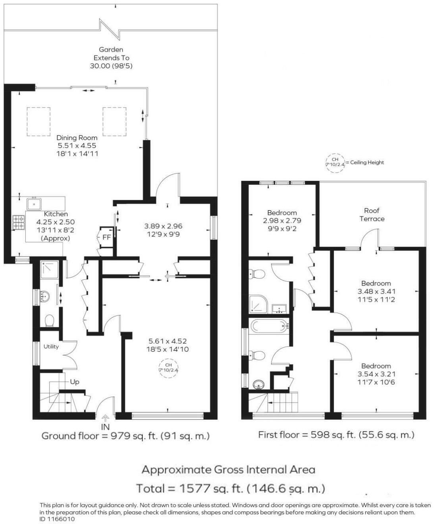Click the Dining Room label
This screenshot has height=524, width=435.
coord(77,138)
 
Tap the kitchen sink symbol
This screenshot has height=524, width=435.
coord(35,204)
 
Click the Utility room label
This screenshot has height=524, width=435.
coord(51,347)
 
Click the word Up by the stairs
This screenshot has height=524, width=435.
coord(75,382)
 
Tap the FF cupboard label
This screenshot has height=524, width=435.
coord(106,238)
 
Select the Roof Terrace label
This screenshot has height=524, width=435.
coord(372,215)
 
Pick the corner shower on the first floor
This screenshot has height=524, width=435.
coord(258,303)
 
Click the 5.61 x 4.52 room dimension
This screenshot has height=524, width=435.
coord(167,341)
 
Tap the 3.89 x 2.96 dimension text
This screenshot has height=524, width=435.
coord(163,226)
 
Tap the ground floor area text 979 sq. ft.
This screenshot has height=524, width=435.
coord(125,436)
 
